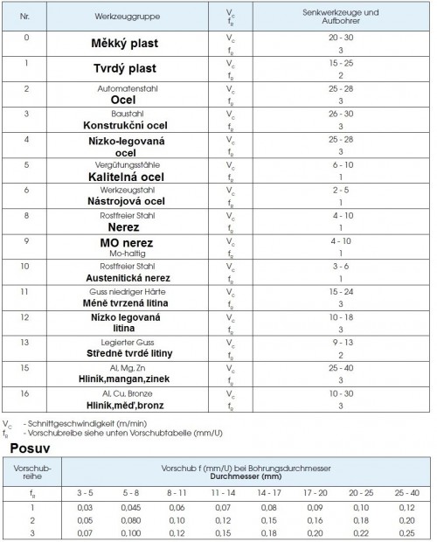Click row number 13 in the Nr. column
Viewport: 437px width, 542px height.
(x=25, y=343)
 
